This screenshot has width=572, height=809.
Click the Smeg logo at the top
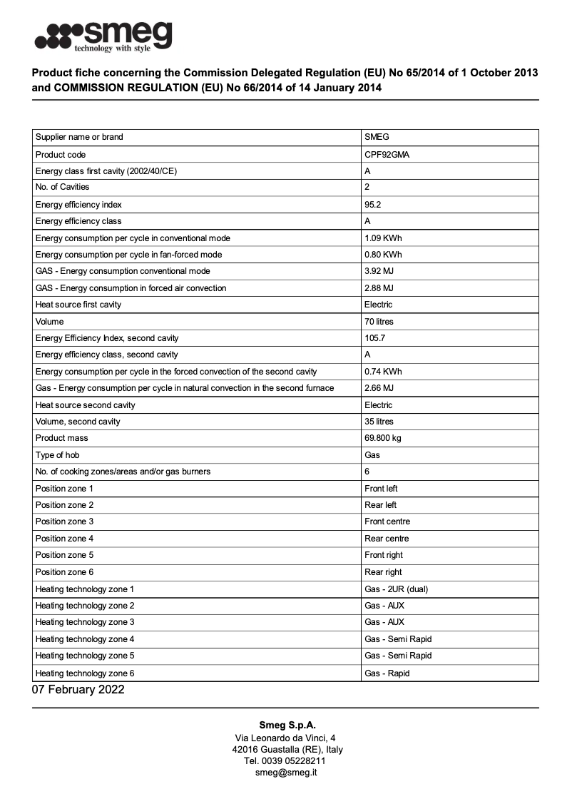coord(104,36)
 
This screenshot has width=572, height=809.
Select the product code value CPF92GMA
coord(387,154)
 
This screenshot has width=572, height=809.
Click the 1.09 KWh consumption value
coord(383,238)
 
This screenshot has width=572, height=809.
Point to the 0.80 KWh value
coord(383,255)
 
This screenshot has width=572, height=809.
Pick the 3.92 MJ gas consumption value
coord(379,271)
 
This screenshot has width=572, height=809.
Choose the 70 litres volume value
coord(379,322)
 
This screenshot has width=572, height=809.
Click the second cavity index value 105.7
coord(374,338)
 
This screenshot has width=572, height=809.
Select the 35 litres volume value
coord(379,422)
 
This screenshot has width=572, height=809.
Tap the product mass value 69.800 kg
coord(384,438)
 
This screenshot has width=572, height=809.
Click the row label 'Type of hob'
coord(58,455)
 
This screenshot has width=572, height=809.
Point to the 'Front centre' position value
coord(387,521)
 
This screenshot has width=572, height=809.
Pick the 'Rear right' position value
coord(383,572)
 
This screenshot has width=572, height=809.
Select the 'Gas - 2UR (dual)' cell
coord(396,589)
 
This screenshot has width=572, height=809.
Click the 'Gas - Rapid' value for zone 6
coord(387,673)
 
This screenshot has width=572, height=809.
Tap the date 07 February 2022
coord(78,690)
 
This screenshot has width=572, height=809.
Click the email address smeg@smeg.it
coord(286,773)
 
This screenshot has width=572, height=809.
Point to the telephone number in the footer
coord(286,761)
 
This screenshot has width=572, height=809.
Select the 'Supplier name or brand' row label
coord(79,137)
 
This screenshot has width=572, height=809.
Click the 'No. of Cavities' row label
coord(63,187)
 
